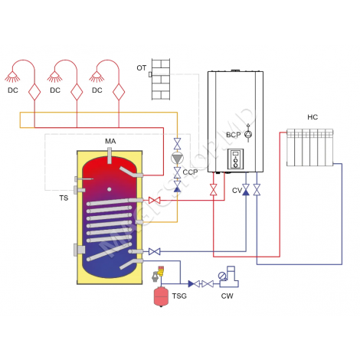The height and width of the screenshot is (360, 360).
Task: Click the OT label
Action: (141, 68)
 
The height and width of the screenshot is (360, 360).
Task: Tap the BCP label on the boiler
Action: (234, 134)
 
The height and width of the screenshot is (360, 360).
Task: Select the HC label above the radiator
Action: (312, 117)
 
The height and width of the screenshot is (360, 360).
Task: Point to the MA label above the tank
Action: (110, 142)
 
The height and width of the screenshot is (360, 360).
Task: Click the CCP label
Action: (190, 173)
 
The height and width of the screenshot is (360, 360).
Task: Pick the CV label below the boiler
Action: (236, 188)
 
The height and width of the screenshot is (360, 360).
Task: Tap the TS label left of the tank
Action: (64, 197)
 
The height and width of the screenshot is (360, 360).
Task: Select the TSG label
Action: (179, 295)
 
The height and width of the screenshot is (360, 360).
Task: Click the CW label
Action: (227, 295)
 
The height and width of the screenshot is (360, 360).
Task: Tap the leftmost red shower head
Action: (13, 77)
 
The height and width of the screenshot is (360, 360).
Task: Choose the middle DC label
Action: (55, 90)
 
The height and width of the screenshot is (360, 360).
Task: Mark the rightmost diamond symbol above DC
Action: (118, 90)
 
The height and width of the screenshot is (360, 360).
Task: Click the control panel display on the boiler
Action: (236, 159)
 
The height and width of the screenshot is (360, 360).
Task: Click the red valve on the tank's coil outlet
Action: (155, 201)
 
